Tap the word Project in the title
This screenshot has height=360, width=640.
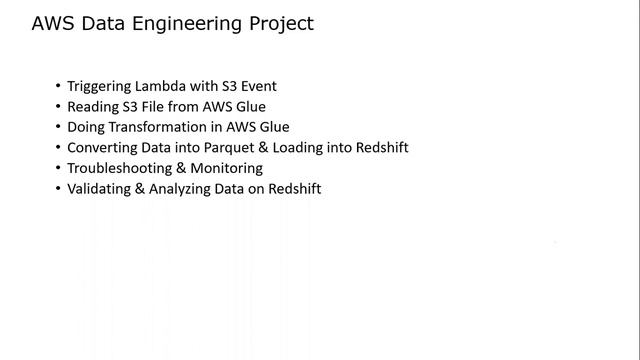[280, 24]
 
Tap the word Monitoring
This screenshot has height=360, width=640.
[229, 168]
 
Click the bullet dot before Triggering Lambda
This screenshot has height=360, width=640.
[58, 86]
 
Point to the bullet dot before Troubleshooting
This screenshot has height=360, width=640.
[58, 168]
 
